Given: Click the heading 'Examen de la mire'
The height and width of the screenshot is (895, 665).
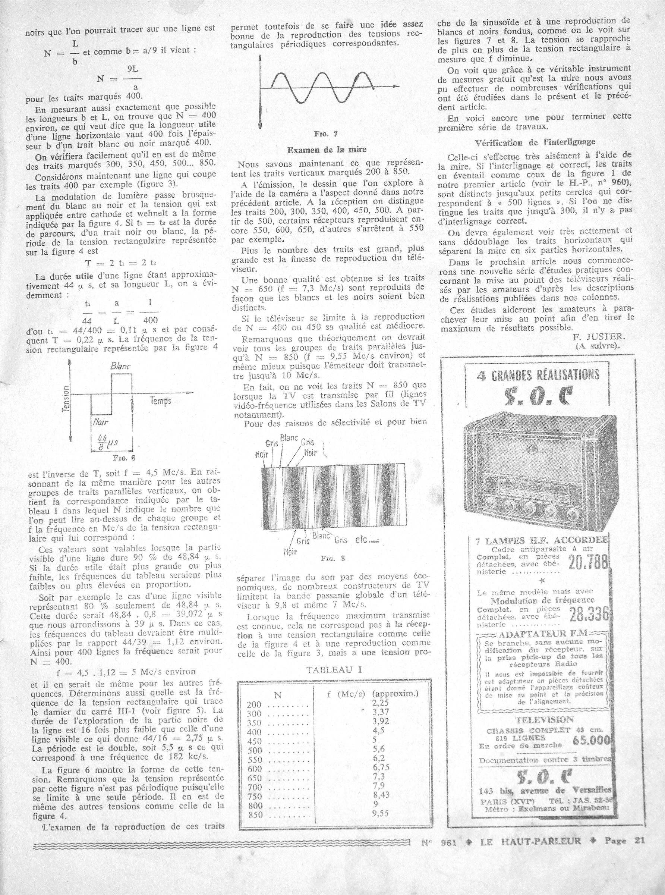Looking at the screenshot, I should pyautogui.click(x=327, y=150).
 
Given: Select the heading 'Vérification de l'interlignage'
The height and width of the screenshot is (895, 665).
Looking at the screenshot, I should pyautogui.click(x=535, y=142).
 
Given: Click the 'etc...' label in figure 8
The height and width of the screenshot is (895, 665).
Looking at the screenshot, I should pyautogui.click(x=367, y=541).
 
